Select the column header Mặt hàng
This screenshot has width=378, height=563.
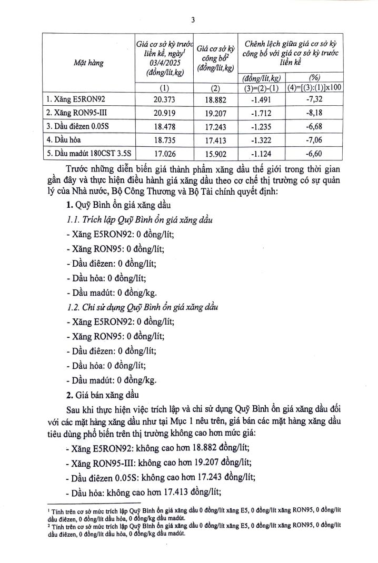(88, 63)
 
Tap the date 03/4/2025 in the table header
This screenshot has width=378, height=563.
(164, 63)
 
